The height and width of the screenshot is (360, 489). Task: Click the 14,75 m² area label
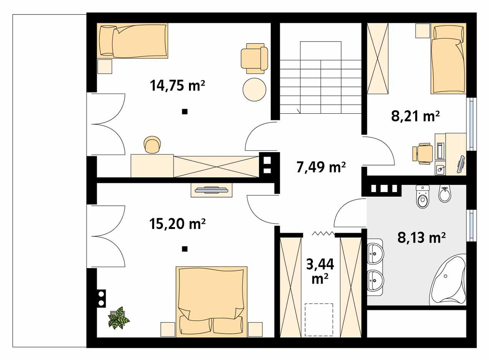coord(177,85)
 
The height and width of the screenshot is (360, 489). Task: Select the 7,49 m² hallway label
coord(322,167)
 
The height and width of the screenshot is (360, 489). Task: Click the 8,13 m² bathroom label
coord(421,238)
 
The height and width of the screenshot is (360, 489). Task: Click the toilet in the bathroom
coord(423,197)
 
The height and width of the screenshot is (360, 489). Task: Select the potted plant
coord(118,317)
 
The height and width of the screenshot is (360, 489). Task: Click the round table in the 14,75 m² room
coord(255,89)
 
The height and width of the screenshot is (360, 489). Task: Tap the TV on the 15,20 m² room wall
coord(212,189)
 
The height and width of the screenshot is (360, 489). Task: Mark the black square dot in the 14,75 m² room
coord(185,112)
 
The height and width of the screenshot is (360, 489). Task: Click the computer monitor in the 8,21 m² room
coord(461,164)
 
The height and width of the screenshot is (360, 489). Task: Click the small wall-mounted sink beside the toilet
coord(445,194)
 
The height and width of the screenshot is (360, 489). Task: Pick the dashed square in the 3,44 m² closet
coord(319,315)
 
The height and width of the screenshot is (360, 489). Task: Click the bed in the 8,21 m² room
coord(448,60)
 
